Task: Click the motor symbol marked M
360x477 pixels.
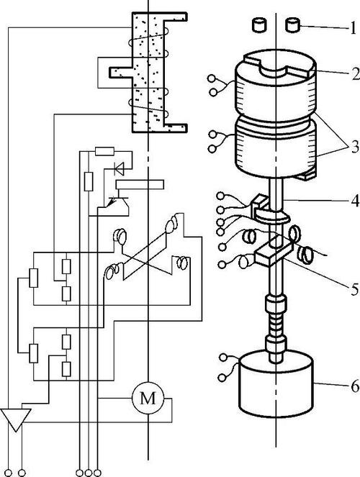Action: pyautogui.click(x=148, y=398)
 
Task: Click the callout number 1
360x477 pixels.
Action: pyautogui.click(x=353, y=28)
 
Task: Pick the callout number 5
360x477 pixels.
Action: pyautogui.click(x=354, y=289)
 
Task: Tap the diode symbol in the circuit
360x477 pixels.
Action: pyautogui.click(x=120, y=169)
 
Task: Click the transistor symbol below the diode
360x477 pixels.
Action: pyautogui.click(x=117, y=202)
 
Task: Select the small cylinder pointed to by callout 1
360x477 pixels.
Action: pyautogui.click(x=293, y=25)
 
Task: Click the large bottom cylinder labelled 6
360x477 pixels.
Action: pyautogui.click(x=276, y=383)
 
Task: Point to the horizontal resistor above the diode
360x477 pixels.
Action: pyautogui.click(x=104, y=151)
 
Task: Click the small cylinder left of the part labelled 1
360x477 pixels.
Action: pyautogui.click(x=259, y=25)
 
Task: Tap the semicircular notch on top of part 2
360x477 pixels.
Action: pyautogui.click(x=274, y=72)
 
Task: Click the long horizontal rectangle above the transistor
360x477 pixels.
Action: pyautogui.click(x=140, y=184)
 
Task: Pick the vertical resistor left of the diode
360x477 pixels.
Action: pyautogui.click(x=89, y=181)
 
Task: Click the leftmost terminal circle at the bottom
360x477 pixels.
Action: pyautogui.click(x=8, y=473)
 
